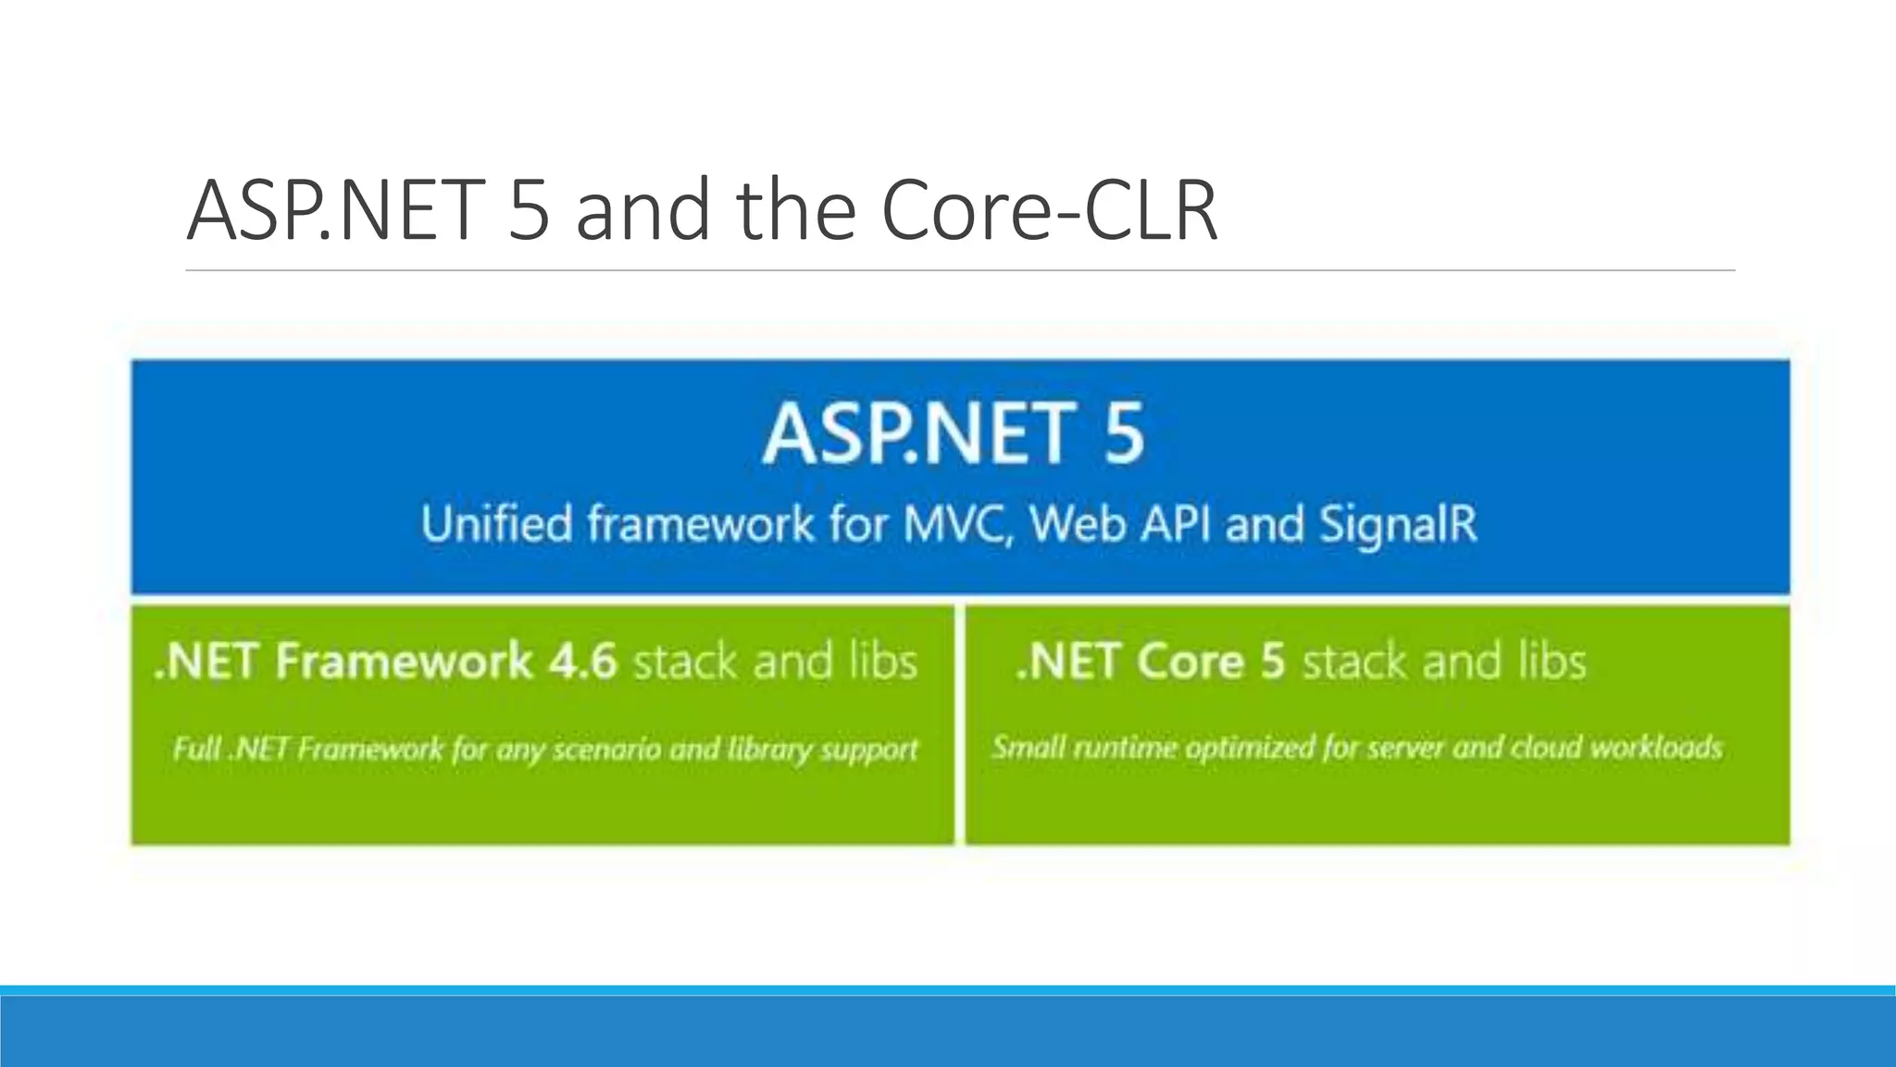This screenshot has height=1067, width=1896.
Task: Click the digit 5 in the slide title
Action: tap(529, 211)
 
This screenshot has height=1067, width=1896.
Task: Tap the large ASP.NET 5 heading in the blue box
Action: tap(954, 433)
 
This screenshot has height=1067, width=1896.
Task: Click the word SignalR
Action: tap(1398, 523)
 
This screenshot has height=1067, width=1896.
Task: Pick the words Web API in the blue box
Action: tap(1120, 523)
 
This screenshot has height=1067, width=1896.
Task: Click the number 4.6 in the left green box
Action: tap(582, 661)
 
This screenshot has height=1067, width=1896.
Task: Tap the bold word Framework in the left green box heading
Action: tap(404, 661)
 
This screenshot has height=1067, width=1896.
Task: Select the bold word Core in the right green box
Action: tap(1190, 661)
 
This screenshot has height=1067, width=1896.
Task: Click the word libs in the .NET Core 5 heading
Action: tap(1552, 661)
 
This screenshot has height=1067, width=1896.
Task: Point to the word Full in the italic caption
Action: tap(195, 747)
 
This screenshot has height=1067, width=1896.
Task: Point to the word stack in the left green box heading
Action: tap(686, 661)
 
